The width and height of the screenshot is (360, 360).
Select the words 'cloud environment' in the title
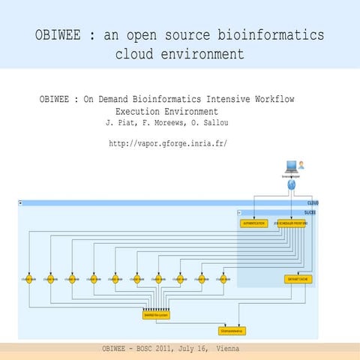click(180, 55)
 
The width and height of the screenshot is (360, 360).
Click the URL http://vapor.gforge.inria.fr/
click(167, 142)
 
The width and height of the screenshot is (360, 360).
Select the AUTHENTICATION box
click(253, 223)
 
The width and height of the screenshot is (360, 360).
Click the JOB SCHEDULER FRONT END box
click(291, 223)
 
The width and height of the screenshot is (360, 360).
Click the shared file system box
click(154, 316)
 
